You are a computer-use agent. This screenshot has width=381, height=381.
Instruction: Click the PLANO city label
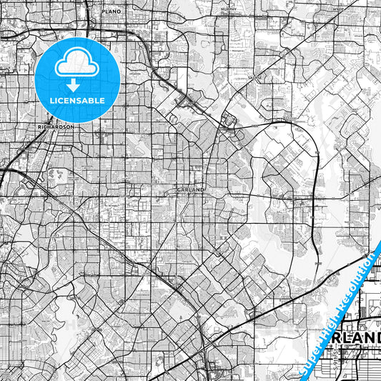[112, 12]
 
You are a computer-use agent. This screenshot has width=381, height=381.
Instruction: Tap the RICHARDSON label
[55, 127]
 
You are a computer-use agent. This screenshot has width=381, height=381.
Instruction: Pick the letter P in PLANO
[104, 12]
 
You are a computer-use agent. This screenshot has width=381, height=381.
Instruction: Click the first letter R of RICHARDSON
[39, 127]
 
